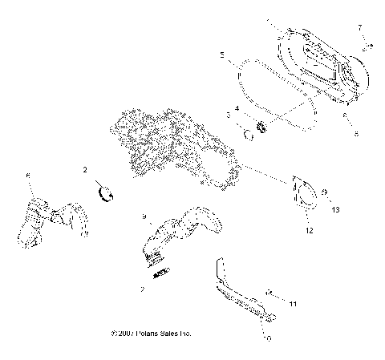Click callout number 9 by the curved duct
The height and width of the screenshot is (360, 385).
[x=144, y=216]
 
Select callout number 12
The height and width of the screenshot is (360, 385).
[x=309, y=230]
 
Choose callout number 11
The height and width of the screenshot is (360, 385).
[x=293, y=305]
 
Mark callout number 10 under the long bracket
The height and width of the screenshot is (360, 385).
[x=267, y=338]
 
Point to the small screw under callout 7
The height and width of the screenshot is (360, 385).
[x=366, y=47]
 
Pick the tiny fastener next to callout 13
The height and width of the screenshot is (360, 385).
[x=323, y=192]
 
